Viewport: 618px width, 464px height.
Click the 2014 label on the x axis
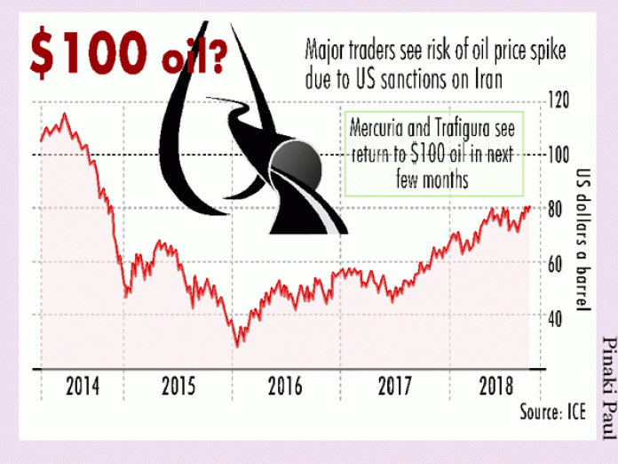(82, 388)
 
